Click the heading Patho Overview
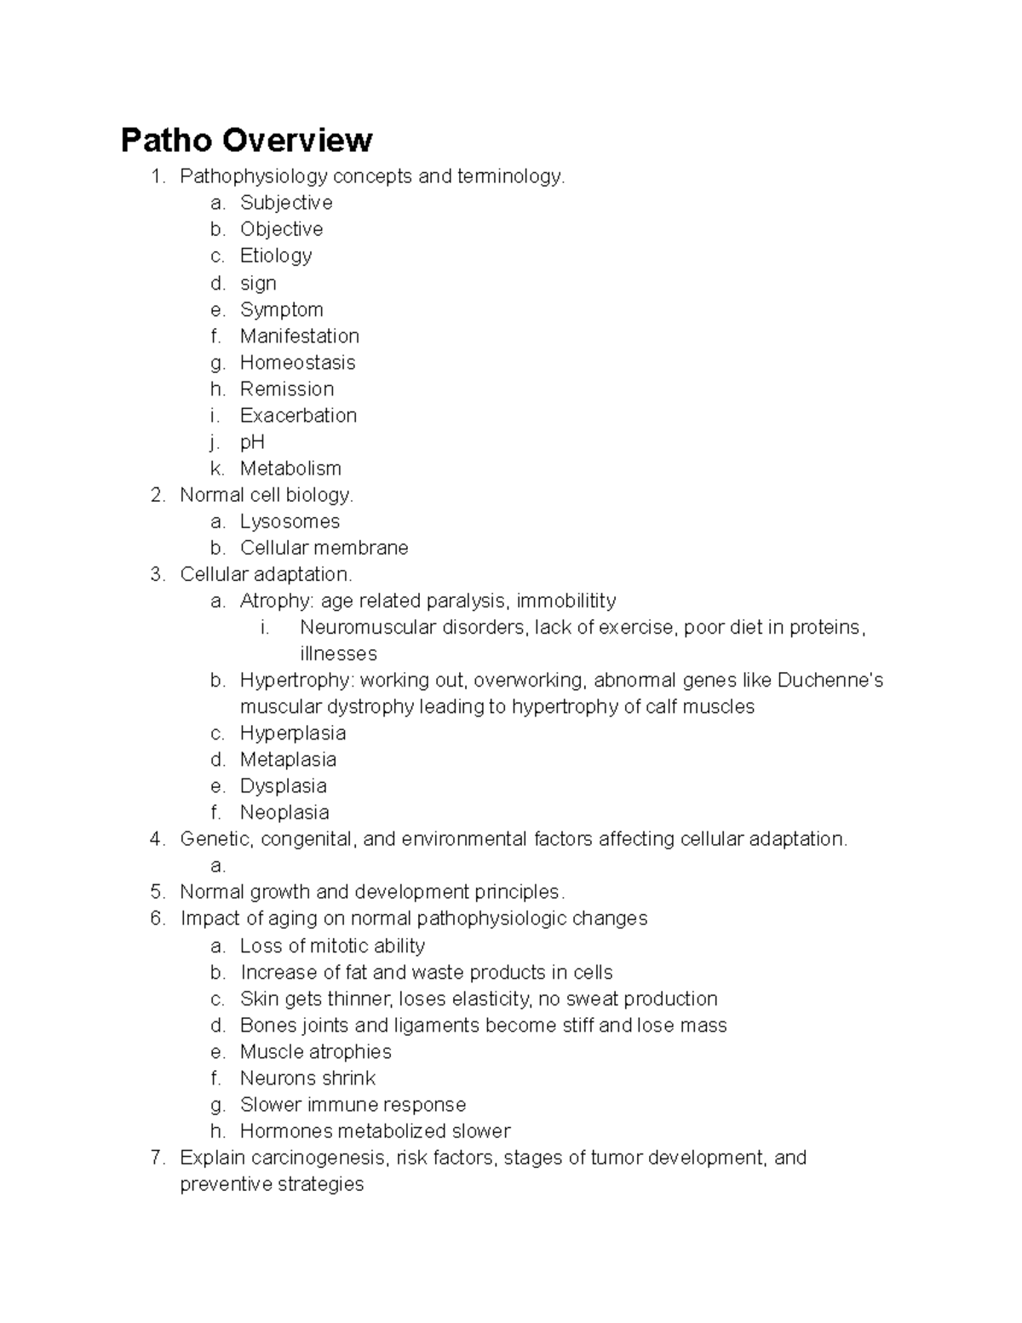click(x=246, y=140)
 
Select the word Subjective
click(x=286, y=203)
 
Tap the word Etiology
click(x=276, y=256)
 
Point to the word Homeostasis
click(x=297, y=362)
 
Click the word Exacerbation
click(x=298, y=415)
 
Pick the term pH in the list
click(x=252, y=441)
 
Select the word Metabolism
click(x=290, y=468)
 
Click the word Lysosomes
click(x=290, y=521)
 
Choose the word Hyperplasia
click(x=292, y=733)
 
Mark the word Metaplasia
click(x=288, y=759)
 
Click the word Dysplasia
click(x=283, y=785)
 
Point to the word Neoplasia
click(x=284, y=812)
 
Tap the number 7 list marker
click(x=157, y=1157)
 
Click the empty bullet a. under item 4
click(x=218, y=866)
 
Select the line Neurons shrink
click(x=307, y=1078)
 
